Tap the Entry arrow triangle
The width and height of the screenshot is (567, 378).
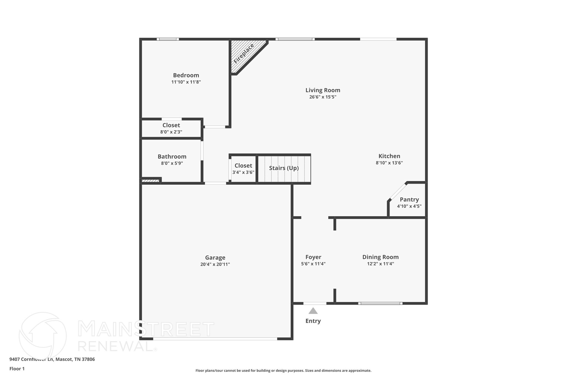point(313,311)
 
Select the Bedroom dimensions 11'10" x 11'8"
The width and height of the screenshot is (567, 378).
point(186,82)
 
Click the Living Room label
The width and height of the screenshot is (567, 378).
point(323,90)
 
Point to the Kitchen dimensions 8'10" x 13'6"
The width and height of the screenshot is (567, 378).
point(389,163)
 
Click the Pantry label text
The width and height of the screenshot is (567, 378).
point(409,199)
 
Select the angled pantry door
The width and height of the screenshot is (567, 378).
point(398,191)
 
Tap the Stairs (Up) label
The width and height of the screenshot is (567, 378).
point(284,168)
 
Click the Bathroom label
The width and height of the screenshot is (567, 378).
point(172,157)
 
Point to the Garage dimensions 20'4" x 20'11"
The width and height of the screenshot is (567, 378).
point(215,264)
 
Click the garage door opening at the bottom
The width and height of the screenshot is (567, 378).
point(215,339)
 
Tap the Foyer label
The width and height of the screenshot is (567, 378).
point(313,257)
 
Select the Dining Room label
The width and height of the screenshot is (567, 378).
point(380,257)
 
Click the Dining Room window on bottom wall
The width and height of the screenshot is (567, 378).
point(380,303)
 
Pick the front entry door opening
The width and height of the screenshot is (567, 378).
point(315,303)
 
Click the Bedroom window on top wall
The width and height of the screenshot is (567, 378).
point(168,39)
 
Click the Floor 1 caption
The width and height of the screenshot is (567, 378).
point(17,369)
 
